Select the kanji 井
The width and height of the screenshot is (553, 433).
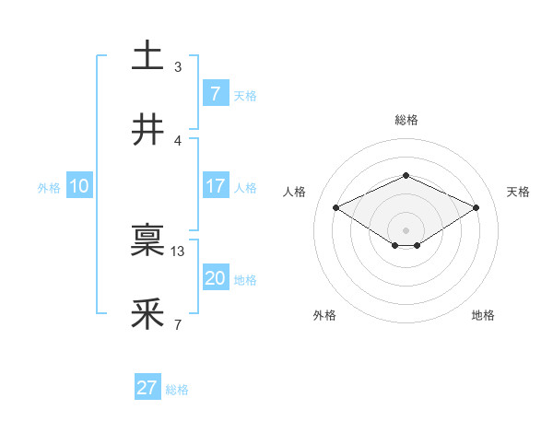(x=147, y=130)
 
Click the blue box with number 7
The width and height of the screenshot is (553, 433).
(x=215, y=93)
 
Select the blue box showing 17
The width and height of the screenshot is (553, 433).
(x=215, y=186)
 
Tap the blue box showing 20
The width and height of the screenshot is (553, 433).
(x=215, y=278)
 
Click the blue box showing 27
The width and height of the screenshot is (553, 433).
(x=147, y=388)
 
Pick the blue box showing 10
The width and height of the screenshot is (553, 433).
(x=79, y=186)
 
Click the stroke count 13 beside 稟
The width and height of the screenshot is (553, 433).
(x=178, y=251)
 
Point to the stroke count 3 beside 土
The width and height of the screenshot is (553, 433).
(x=178, y=66)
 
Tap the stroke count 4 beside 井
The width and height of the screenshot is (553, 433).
(x=178, y=140)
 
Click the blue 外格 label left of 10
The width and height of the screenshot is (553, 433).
(x=49, y=187)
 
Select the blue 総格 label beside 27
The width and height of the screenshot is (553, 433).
(x=177, y=389)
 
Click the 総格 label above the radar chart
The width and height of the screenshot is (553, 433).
(x=406, y=120)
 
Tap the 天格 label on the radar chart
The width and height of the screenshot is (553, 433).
(x=518, y=192)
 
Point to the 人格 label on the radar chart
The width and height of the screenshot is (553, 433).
(x=295, y=192)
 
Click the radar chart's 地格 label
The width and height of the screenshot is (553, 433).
(x=483, y=315)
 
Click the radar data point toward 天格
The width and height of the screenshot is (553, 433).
(x=476, y=207)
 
